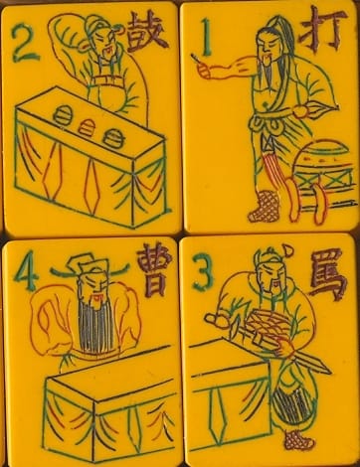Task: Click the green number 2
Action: [25, 44]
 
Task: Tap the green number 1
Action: [206, 37]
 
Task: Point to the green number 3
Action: [202, 271]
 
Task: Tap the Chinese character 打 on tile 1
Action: [322, 30]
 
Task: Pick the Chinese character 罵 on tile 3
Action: [327, 274]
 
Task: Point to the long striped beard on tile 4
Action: [96, 326]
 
